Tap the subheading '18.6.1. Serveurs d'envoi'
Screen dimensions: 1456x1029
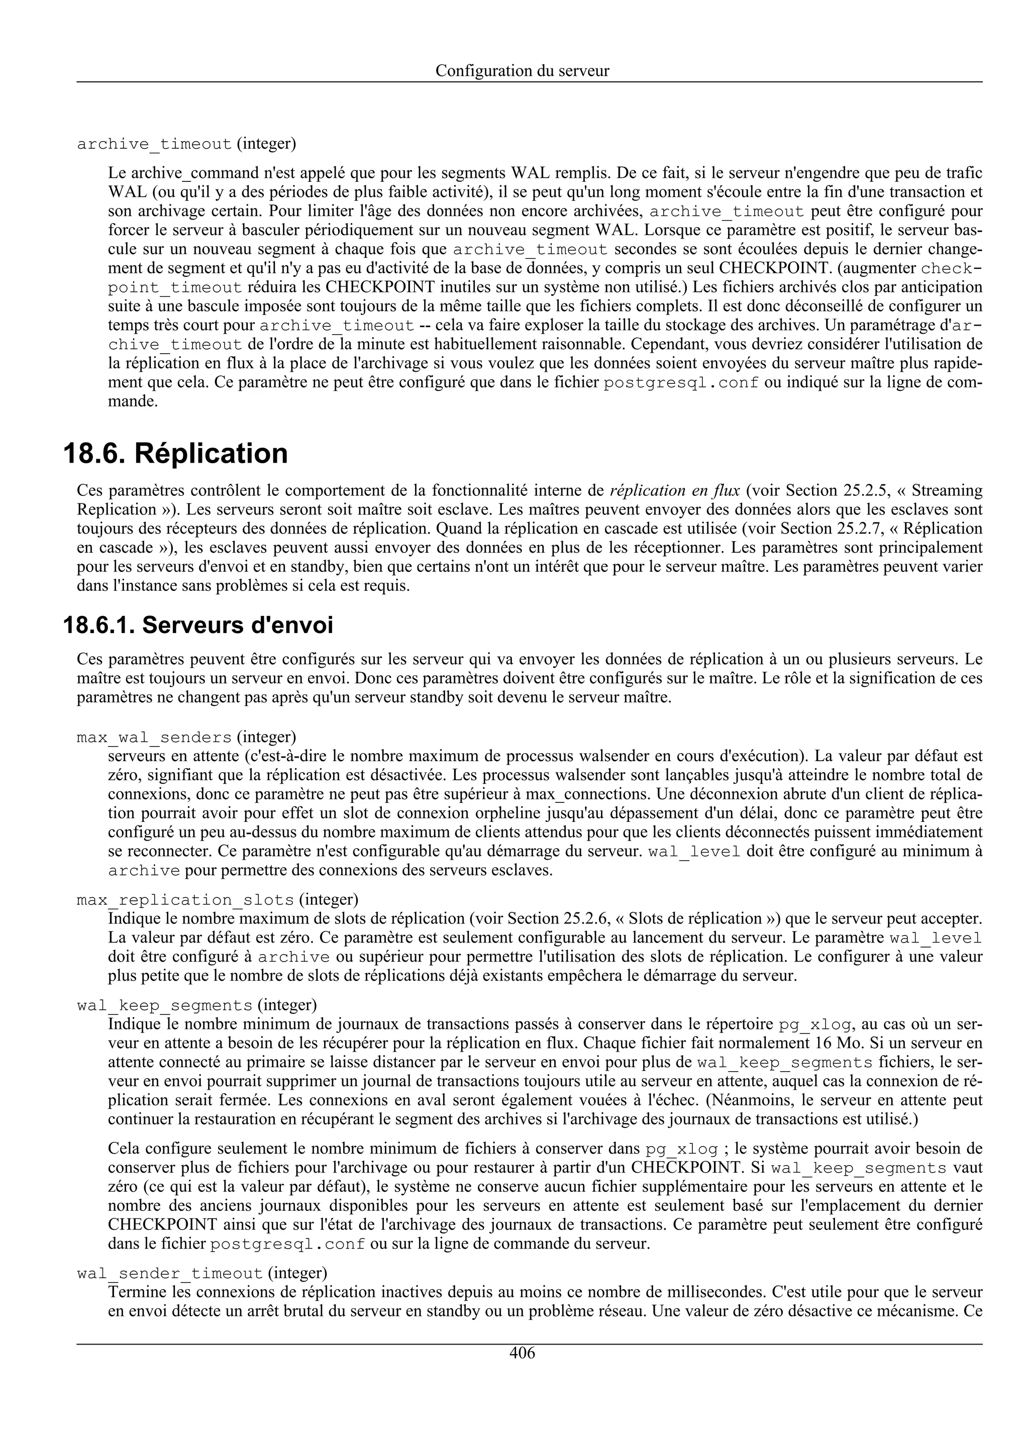click(198, 626)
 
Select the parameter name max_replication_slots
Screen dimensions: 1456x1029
click(185, 900)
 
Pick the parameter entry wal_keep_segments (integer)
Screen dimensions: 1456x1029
click(196, 1005)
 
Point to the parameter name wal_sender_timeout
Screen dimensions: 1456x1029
click(169, 1273)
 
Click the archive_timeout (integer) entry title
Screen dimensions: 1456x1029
click(186, 144)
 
